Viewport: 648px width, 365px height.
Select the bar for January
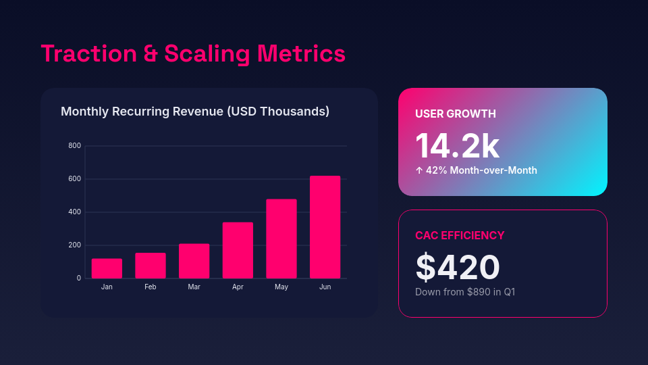pyautogui.click(x=107, y=268)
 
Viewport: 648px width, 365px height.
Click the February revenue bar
pyautogui.click(x=151, y=266)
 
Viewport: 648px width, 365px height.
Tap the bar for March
pyautogui.click(x=194, y=261)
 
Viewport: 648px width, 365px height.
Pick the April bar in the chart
pyautogui.click(x=238, y=250)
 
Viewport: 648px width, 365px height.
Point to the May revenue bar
pyautogui.click(x=281, y=239)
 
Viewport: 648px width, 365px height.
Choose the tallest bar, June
pyautogui.click(x=325, y=227)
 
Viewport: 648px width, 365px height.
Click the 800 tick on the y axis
pyautogui.click(x=74, y=146)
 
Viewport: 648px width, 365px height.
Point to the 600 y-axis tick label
pyautogui.click(x=74, y=179)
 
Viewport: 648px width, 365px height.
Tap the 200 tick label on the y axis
pyautogui.click(x=74, y=245)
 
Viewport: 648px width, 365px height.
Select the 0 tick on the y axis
pyautogui.click(x=78, y=278)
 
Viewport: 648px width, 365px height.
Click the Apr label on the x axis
pyautogui.click(x=238, y=287)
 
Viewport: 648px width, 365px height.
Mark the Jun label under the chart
pyautogui.click(x=325, y=287)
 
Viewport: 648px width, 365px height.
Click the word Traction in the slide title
pyautogui.click(x=88, y=53)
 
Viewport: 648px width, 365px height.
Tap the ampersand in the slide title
pyautogui.click(x=151, y=54)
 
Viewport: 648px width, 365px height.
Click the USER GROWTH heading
pyautogui.click(x=456, y=114)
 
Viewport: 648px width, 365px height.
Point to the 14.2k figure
pyautogui.click(x=457, y=145)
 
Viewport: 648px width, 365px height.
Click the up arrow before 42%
pyautogui.click(x=419, y=170)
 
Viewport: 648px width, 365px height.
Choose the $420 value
pyautogui.click(x=457, y=267)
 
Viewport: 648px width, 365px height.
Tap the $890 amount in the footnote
pyautogui.click(x=480, y=292)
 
